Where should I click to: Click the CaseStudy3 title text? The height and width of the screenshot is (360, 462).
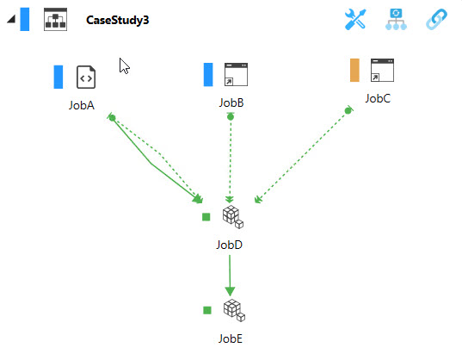(117, 20)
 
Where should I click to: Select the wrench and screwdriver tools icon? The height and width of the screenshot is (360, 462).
(355, 20)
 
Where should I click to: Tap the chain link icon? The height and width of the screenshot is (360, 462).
(437, 20)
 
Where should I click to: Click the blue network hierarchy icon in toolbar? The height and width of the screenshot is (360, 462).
(396, 20)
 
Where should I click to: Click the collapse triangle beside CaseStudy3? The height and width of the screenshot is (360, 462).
(12, 19)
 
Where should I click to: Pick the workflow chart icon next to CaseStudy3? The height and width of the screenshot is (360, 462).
(55, 20)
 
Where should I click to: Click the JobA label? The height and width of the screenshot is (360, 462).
(82, 105)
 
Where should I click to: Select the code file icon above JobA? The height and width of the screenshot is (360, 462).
(86, 77)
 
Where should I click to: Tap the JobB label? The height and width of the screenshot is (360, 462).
(231, 102)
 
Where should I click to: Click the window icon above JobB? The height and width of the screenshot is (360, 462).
(236, 74)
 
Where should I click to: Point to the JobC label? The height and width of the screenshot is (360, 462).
(378, 98)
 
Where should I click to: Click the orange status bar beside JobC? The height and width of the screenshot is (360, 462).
(354, 70)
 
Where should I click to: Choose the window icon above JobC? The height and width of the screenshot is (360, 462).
(382, 70)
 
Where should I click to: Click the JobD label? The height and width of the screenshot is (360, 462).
(229, 245)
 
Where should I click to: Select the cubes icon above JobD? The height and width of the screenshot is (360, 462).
(233, 217)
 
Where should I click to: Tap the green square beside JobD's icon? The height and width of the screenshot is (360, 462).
(206, 217)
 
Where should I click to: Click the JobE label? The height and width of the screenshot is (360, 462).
(231, 338)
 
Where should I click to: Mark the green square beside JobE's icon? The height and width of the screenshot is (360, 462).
(207, 310)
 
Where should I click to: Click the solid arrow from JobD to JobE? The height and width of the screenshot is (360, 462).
(230, 276)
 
